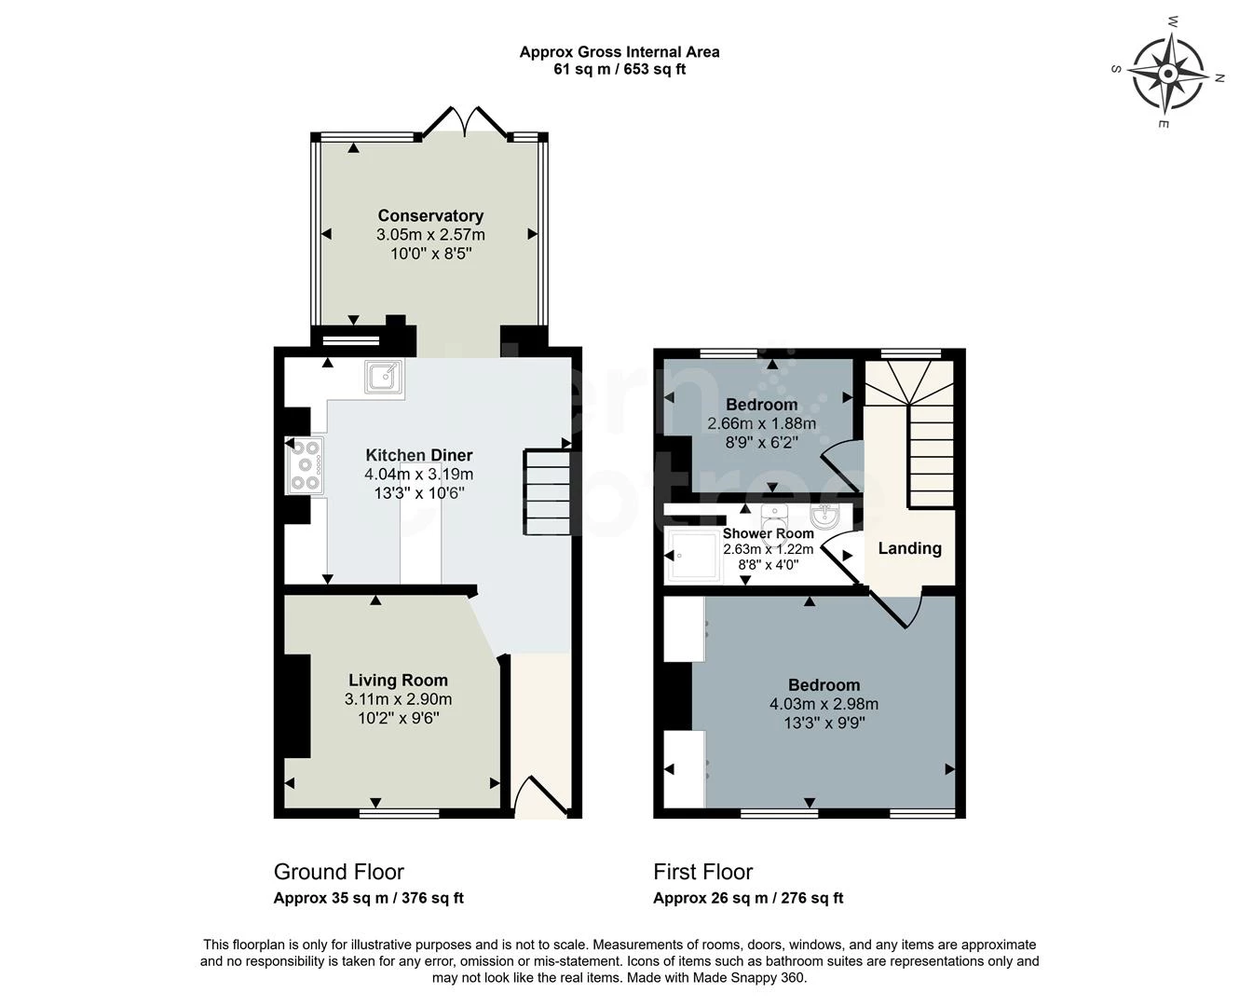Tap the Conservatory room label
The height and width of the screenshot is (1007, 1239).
pyautogui.click(x=430, y=215)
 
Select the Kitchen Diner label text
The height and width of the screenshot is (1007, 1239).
pyautogui.click(x=418, y=455)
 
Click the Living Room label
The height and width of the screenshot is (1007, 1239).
pyautogui.click(x=398, y=681)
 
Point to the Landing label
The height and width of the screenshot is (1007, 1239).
pyautogui.click(x=909, y=548)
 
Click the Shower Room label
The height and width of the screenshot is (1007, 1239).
pyautogui.click(x=768, y=533)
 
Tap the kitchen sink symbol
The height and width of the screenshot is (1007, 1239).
pyautogui.click(x=384, y=376)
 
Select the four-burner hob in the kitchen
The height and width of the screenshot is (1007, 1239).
pyautogui.click(x=305, y=464)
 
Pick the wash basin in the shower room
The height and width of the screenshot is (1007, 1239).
pyautogui.click(x=824, y=516)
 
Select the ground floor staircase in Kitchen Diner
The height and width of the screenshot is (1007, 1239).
pyautogui.click(x=547, y=492)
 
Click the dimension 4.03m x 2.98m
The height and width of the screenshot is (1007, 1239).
pyautogui.click(x=824, y=704)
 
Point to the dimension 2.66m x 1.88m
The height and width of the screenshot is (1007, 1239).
pyautogui.click(x=761, y=423)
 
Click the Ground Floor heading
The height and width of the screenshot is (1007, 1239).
pyautogui.click(x=338, y=872)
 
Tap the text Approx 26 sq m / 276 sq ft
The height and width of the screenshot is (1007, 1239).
pyautogui.click(x=748, y=898)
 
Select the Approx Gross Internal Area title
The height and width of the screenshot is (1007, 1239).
pyautogui.click(x=619, y=52)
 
